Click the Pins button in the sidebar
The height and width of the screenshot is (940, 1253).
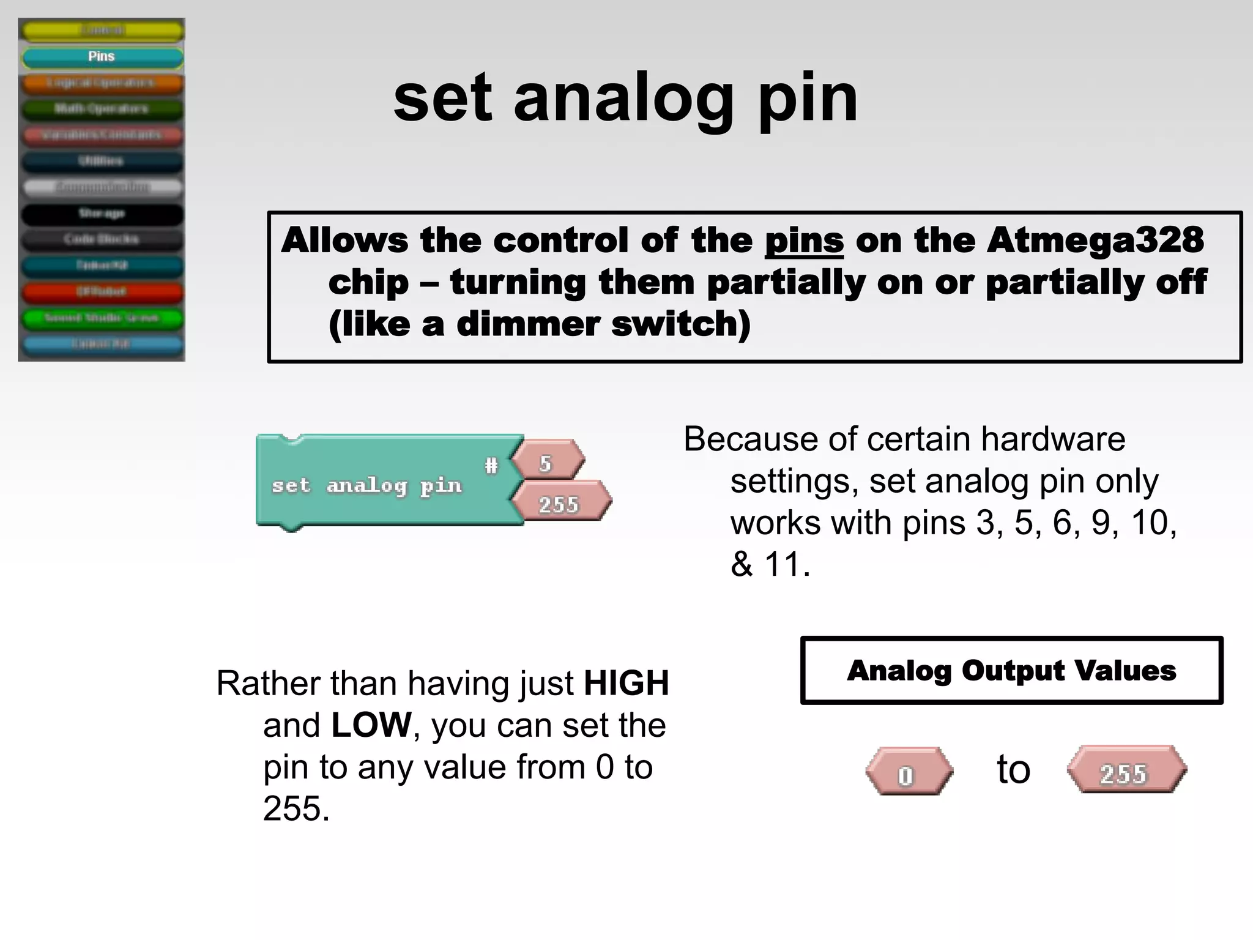[102, 57]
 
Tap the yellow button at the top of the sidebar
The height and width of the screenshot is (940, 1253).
[102, 30]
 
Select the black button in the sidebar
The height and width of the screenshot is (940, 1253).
[102, 213]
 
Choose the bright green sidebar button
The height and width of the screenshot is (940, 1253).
[102, 318]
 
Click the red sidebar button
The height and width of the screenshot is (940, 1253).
[102, 291]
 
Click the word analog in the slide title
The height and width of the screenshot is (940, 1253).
[624, 98]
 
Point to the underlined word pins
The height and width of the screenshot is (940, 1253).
[804, 240]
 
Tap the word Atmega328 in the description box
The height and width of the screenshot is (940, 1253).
[1095, 240]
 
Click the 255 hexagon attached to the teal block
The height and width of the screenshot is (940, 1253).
[560, 504]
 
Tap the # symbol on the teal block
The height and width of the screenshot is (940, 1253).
[491, 466]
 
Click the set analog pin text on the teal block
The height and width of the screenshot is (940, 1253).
[366, 486]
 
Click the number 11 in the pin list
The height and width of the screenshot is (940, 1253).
[785, 564]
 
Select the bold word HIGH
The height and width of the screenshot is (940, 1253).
[626, 683]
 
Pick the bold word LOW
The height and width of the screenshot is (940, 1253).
[371, 725]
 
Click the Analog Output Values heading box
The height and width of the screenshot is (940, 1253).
[1011, 671]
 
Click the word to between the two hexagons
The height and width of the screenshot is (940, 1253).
[1014, 769]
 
